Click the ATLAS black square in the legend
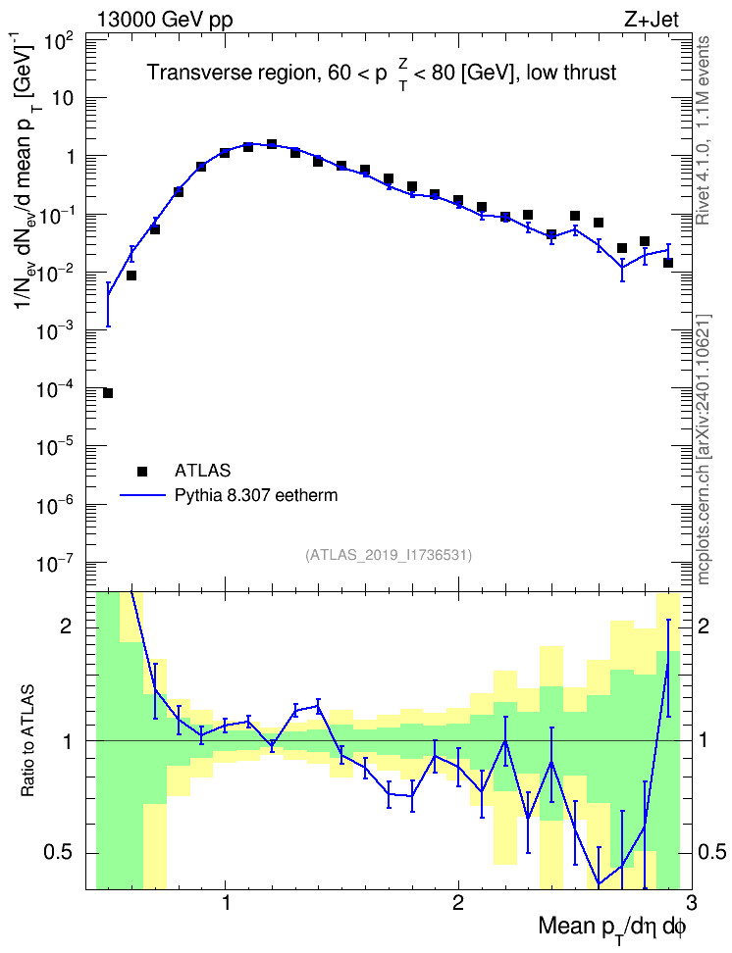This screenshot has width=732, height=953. pyautogui.click(x=142, y=471)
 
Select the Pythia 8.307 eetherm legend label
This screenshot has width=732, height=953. pyautogui.click(x=256, y=495)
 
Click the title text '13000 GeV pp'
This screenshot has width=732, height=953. pyautogui.click(x=164, y=20)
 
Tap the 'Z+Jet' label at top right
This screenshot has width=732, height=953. pyautogui.click(x=652, y=20)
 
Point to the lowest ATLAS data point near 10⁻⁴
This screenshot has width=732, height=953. pyautogui.click(x=108, y=393)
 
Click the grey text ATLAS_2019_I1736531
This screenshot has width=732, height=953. pyautogui.click(x=389, y=554)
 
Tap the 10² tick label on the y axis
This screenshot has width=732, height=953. pyautogui.click(x=59, y=43)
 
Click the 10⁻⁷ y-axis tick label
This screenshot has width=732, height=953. pyautogui.click(x=55, y=564)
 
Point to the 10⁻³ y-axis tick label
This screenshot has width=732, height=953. pyautogui.click(x=55, y=331)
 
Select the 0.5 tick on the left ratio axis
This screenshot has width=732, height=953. pyautogui.click(x=60, y=853)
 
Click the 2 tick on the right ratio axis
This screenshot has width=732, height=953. pyautogui.click(x=704, y=627)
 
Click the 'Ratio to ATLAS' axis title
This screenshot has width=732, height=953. pyautogui.click(x=27, y=741)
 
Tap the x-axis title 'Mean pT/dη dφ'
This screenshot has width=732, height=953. pyautogui.click(x=612, y=928)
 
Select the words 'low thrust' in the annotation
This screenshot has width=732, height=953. pyautogui.click(x=571, y=73)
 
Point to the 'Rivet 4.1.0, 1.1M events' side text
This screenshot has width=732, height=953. pyautogui.click(x=703, y=130)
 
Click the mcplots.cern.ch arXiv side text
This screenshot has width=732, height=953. pyautogui.click(x=704, y=449)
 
